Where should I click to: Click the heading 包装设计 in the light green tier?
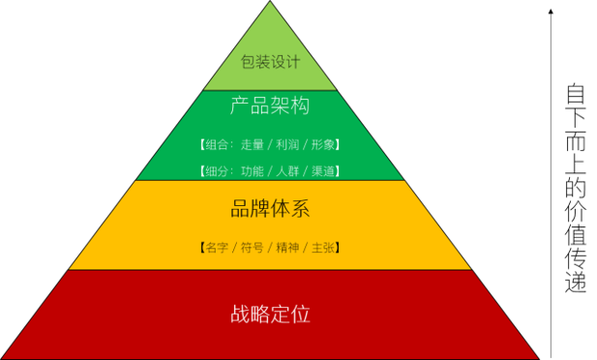coord(270,62)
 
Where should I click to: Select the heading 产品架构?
coord(270,105)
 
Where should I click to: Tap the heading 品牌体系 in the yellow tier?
coord(270,208)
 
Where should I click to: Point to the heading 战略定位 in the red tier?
coord(270,315)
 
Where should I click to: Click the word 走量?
coord(252,145)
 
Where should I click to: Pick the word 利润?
coord(287,145)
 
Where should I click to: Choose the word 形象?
coord(323,145)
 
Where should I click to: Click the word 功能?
coord(252,171)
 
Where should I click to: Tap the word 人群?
coord(287,171)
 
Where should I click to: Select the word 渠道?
coord(323,171)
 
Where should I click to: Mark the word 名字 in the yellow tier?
coord(217,248)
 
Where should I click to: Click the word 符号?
coord(252,248)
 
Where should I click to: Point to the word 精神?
coord(287,248)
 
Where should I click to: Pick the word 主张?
coord(323,248)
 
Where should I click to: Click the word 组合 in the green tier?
coord(217,145)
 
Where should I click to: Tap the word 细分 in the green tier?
coord(217,171)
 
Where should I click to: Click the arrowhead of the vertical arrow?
coord(551,11)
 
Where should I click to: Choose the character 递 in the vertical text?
coord(575,282)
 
